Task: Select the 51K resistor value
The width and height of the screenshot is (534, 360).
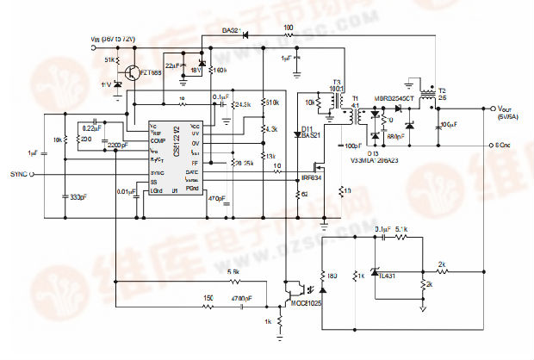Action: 111,59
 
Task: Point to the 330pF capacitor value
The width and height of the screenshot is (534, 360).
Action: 78,197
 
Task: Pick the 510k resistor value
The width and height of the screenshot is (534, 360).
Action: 272,102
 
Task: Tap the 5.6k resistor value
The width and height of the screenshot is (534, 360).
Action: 233,271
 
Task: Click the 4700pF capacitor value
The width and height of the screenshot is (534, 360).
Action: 242,298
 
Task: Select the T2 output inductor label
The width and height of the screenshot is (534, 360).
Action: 442,91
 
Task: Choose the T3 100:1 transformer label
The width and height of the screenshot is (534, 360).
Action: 337,88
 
